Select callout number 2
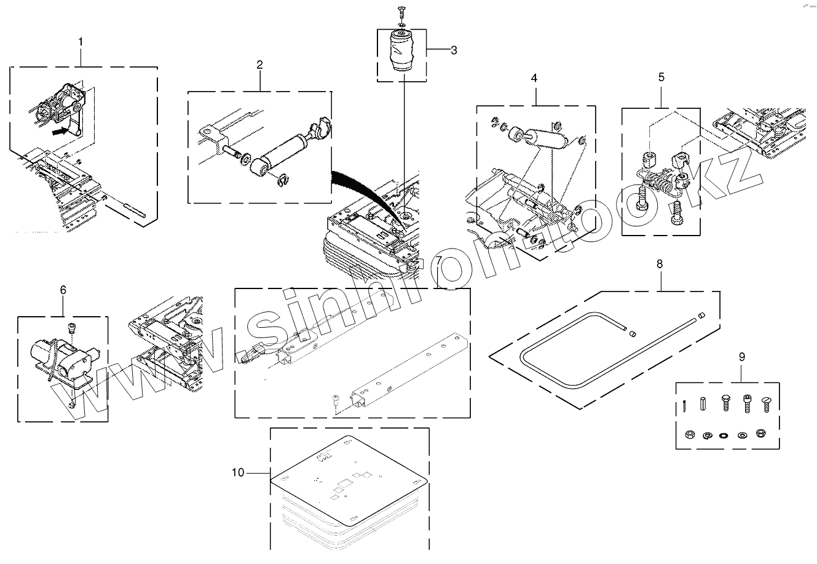coord(260,64)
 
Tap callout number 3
coord(454,50)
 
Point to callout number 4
coord(534,78)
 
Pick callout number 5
coord(661,77)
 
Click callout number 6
coord(63,290)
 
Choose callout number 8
coord(660,264)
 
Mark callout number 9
coord(741,357)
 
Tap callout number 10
coord(239,472)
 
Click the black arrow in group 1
coord(60,130)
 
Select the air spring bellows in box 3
coord(402,57)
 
